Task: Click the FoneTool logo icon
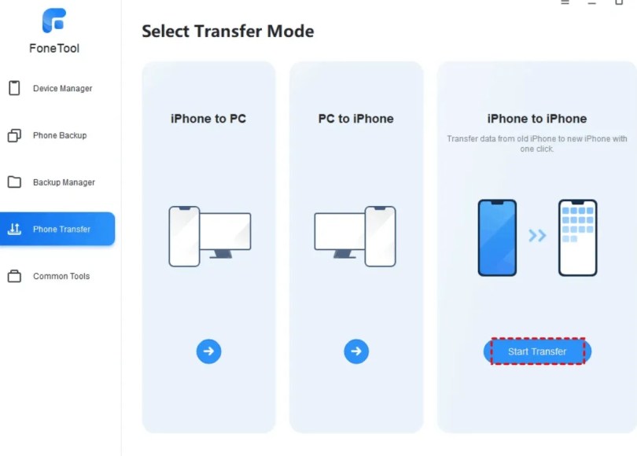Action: click(54, 20)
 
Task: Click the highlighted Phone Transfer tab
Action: click(57, 229)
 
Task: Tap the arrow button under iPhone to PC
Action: click(209, 351)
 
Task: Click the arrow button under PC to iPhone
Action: click(356, 351)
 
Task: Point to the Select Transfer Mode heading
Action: click(228, 31)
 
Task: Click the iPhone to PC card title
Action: click(208, 119)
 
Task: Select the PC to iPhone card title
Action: click(356, 119)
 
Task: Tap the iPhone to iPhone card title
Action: click(537, 119)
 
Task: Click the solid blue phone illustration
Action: click(497, 238)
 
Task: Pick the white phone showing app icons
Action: click(578, 238)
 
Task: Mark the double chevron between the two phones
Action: click(537, 235)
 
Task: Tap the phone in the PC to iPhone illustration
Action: click(381, 237)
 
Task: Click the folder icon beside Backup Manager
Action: click(14, 182)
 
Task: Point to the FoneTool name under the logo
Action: click(54, 48)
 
